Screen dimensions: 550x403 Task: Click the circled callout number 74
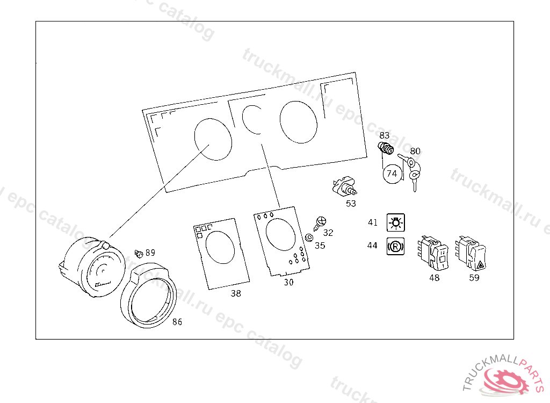(x=392, y=174)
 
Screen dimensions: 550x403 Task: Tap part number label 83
(x=384, y=135)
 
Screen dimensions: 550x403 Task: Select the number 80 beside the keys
(x=415, y=151)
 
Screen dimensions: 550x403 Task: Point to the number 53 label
(x=351, y=204)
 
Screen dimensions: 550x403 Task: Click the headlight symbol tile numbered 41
(x=395, y=222)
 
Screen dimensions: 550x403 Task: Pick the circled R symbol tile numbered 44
(x=395, y=246)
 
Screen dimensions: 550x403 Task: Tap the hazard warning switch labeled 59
(x=471, y=253)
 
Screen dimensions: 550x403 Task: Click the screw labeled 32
(x=320, y=224)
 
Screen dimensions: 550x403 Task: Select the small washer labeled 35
(x=309, y=238)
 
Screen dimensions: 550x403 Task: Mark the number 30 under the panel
(x=288, y=282)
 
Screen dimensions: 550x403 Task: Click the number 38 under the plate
(x=236, y=293)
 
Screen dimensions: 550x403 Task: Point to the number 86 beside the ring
(x=177, y=322)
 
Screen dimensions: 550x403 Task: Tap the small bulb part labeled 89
(x=139, y=254)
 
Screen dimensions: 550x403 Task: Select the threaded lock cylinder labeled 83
(x=386, y=148)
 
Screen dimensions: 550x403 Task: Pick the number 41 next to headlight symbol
(x=373, y=222)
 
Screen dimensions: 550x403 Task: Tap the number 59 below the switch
(x=474, y=278)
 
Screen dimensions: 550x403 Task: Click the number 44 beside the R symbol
(x=372, y=246)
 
